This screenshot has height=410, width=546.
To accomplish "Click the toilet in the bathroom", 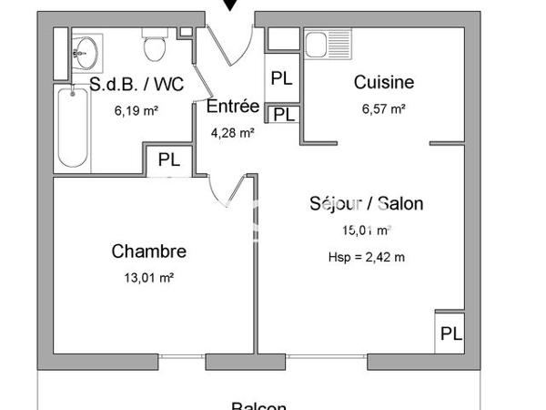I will (153, 42).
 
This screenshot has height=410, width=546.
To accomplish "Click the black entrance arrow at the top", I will (232, 5).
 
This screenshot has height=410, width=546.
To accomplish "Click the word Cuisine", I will (383, 83).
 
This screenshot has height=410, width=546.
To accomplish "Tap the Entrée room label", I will (233, 107).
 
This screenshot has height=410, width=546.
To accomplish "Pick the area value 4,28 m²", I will (232, 131).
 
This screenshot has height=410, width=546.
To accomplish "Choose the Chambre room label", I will (149, 251).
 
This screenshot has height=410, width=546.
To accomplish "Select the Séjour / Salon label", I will (366, 204).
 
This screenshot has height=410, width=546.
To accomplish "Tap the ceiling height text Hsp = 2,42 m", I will (366, 257).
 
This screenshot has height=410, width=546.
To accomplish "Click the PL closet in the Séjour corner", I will (450, 333).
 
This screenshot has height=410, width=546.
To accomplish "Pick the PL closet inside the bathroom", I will (169, 159).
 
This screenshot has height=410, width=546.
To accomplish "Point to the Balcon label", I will (258, 406).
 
